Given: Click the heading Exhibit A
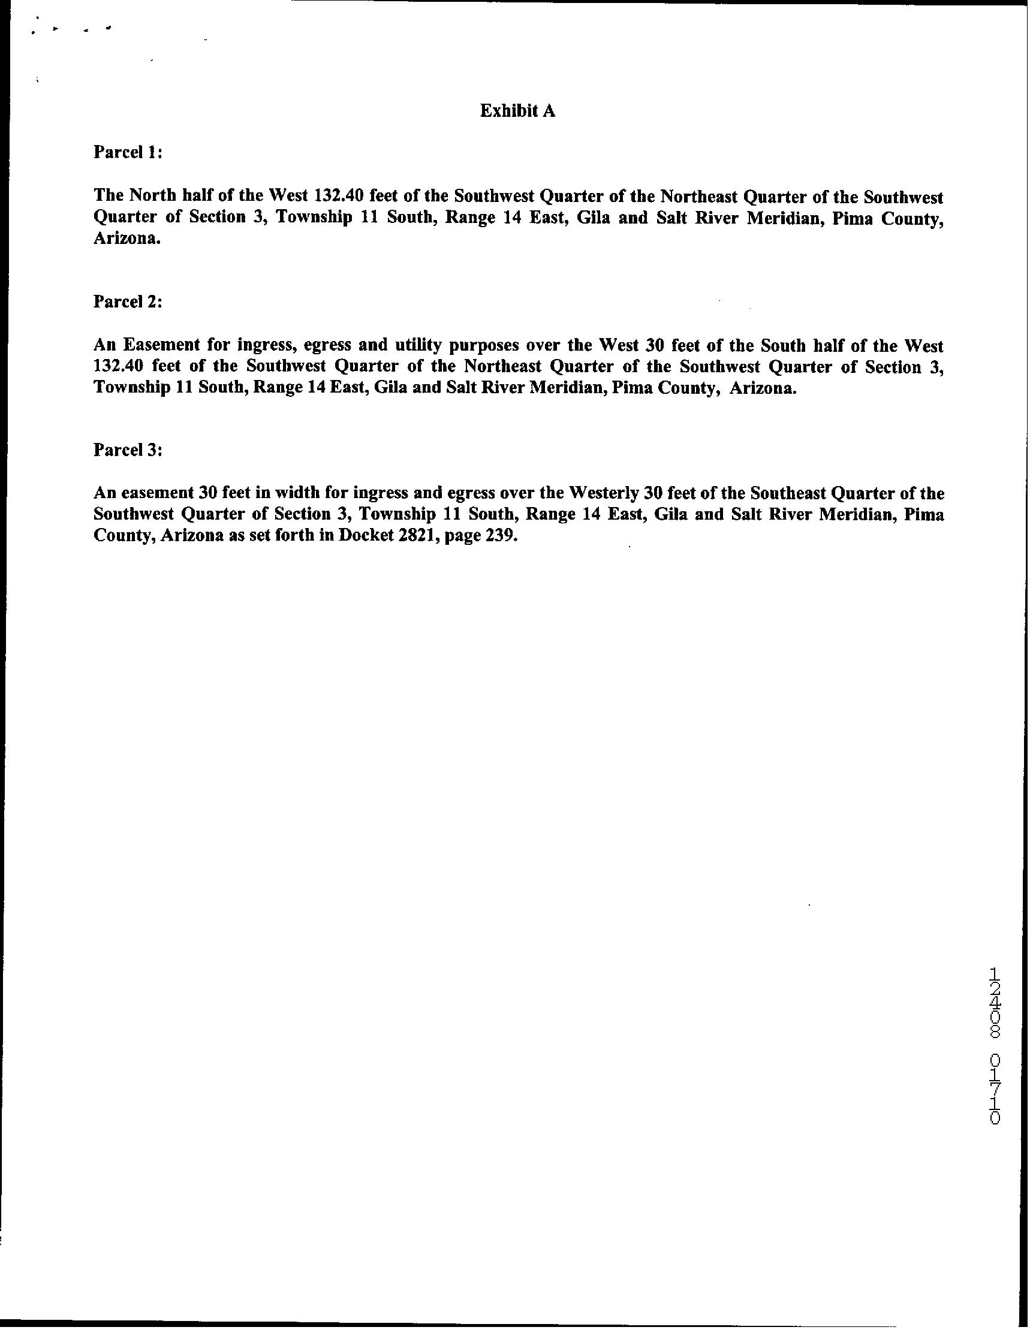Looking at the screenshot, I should click(517, 110).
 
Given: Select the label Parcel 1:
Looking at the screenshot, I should click(128, 152).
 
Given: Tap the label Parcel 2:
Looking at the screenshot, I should click(128, 301).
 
